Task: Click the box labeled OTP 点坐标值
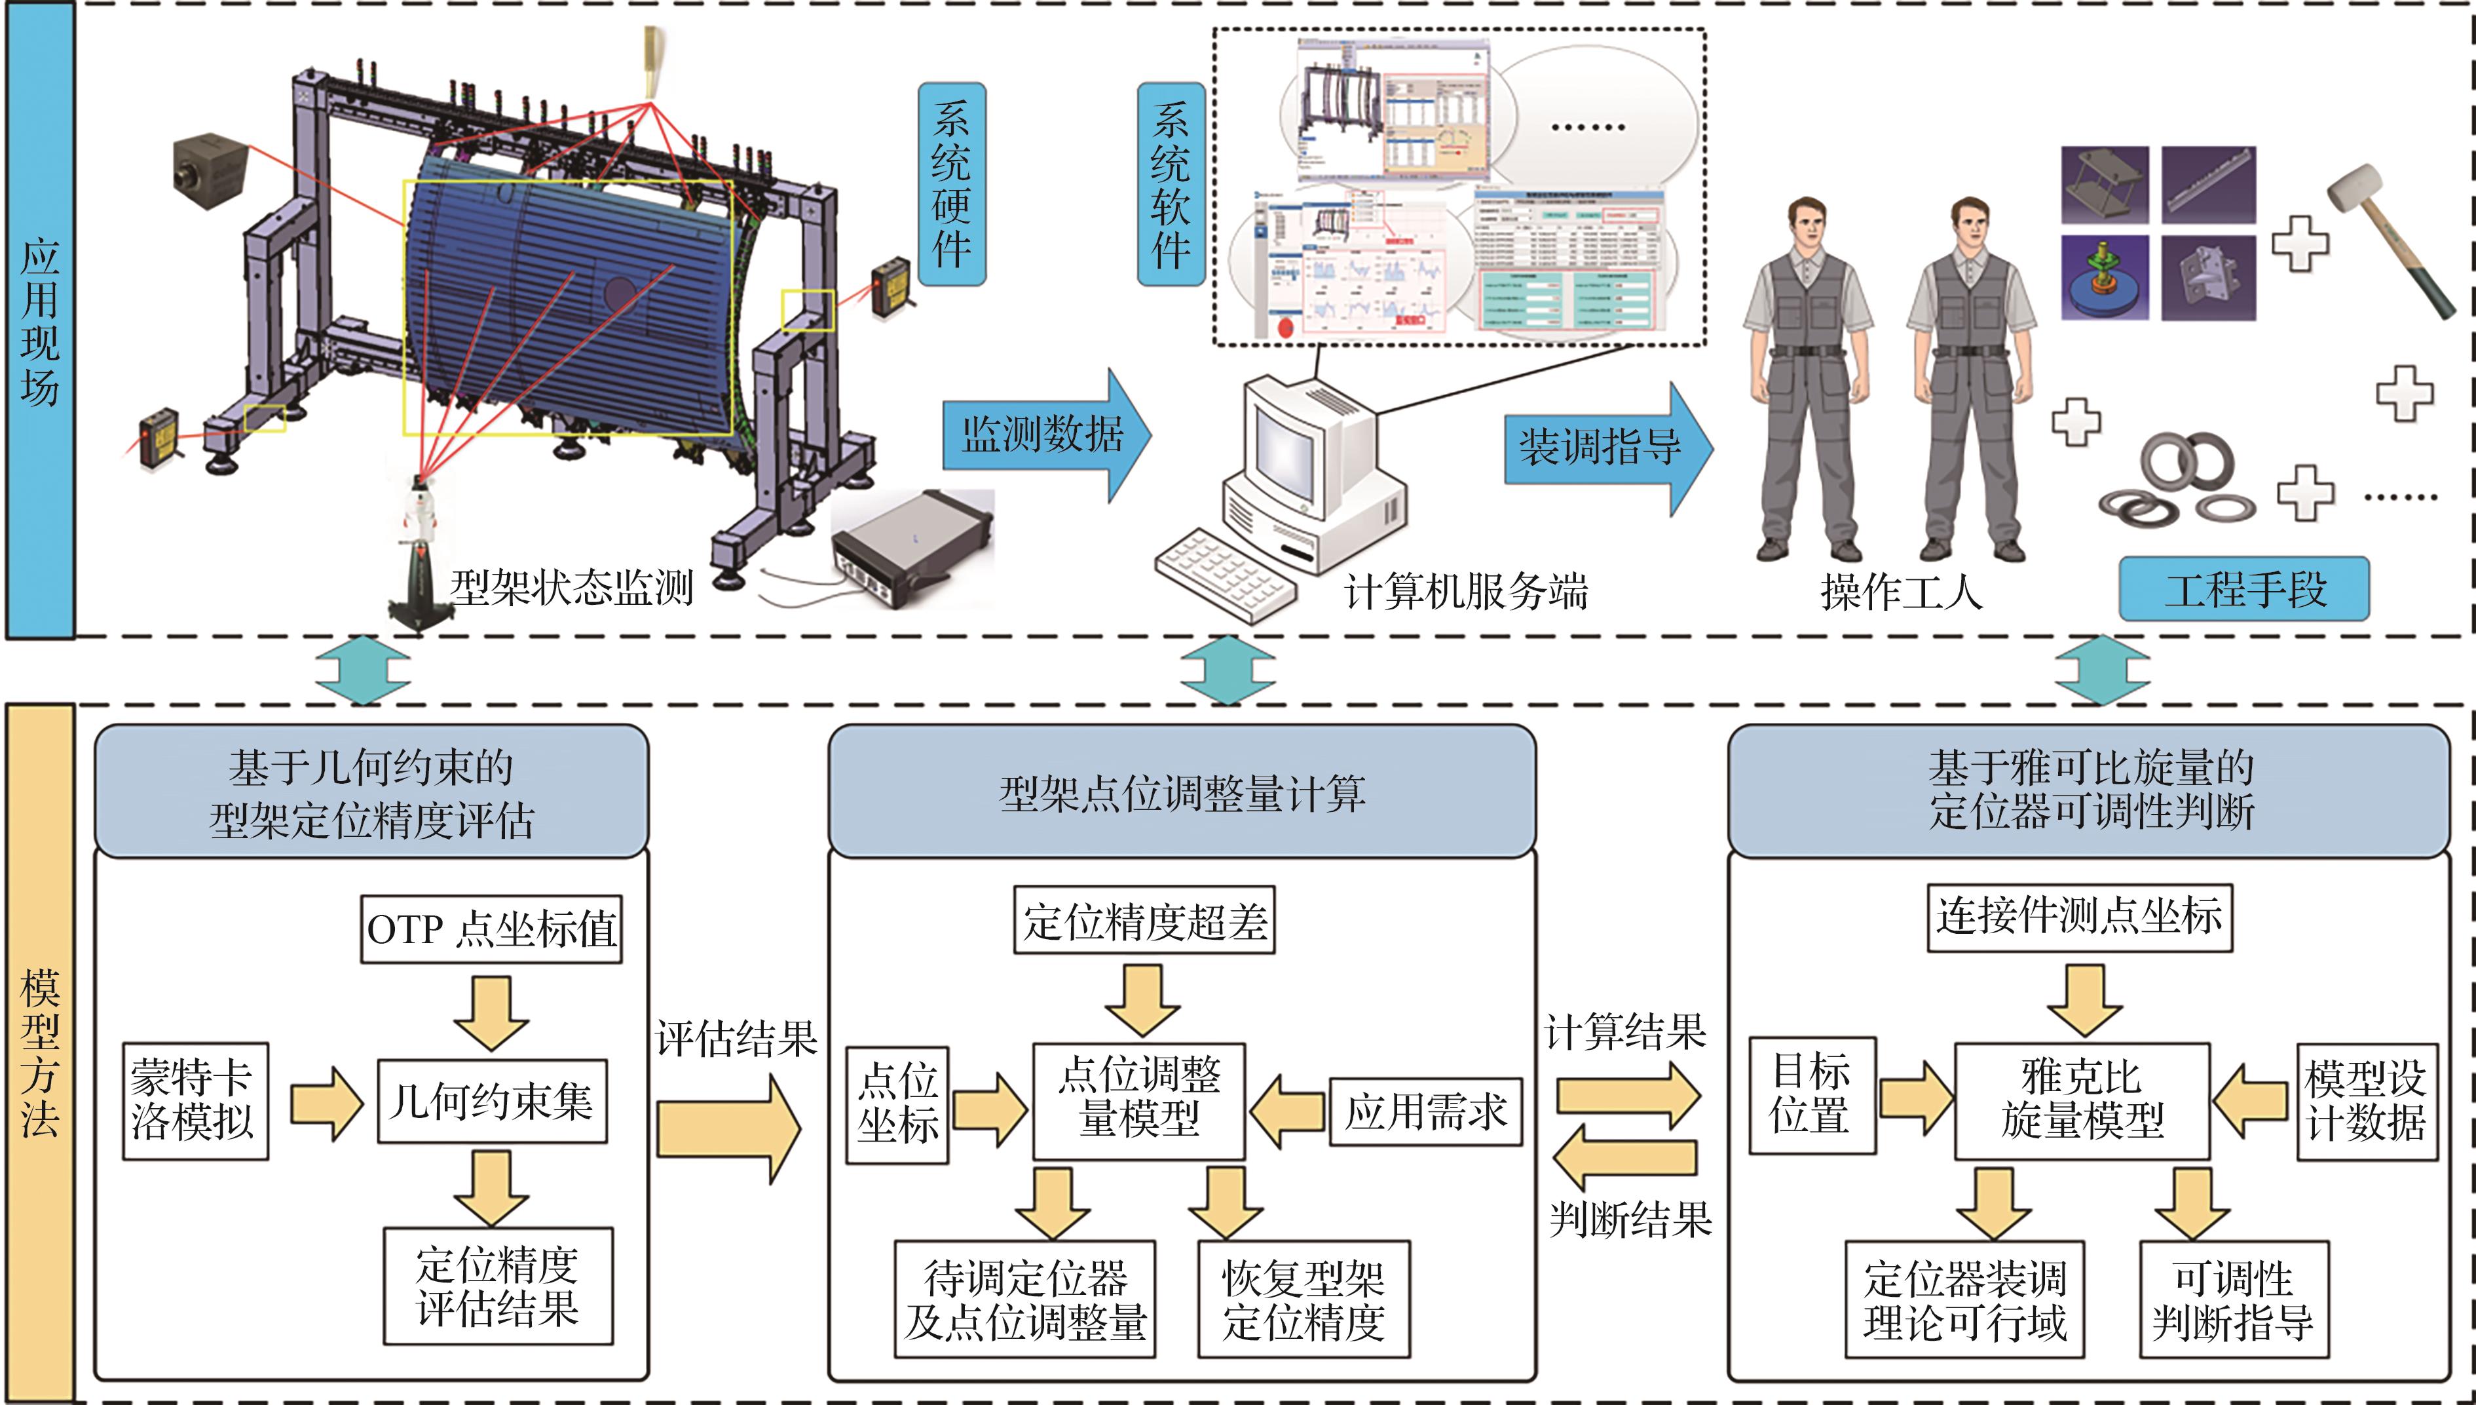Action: pos(491,929)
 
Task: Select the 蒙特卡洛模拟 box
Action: pos(195,1100)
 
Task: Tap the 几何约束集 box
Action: pos(492,1101)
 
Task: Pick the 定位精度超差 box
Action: pos(1144,921)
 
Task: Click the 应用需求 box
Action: pos(1425,1111)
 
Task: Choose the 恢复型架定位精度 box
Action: pos(1303,1299)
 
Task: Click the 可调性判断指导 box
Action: pos(2233,1299)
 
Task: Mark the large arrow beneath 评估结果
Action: pos(728,1129)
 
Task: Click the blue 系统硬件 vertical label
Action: pos(951,184)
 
